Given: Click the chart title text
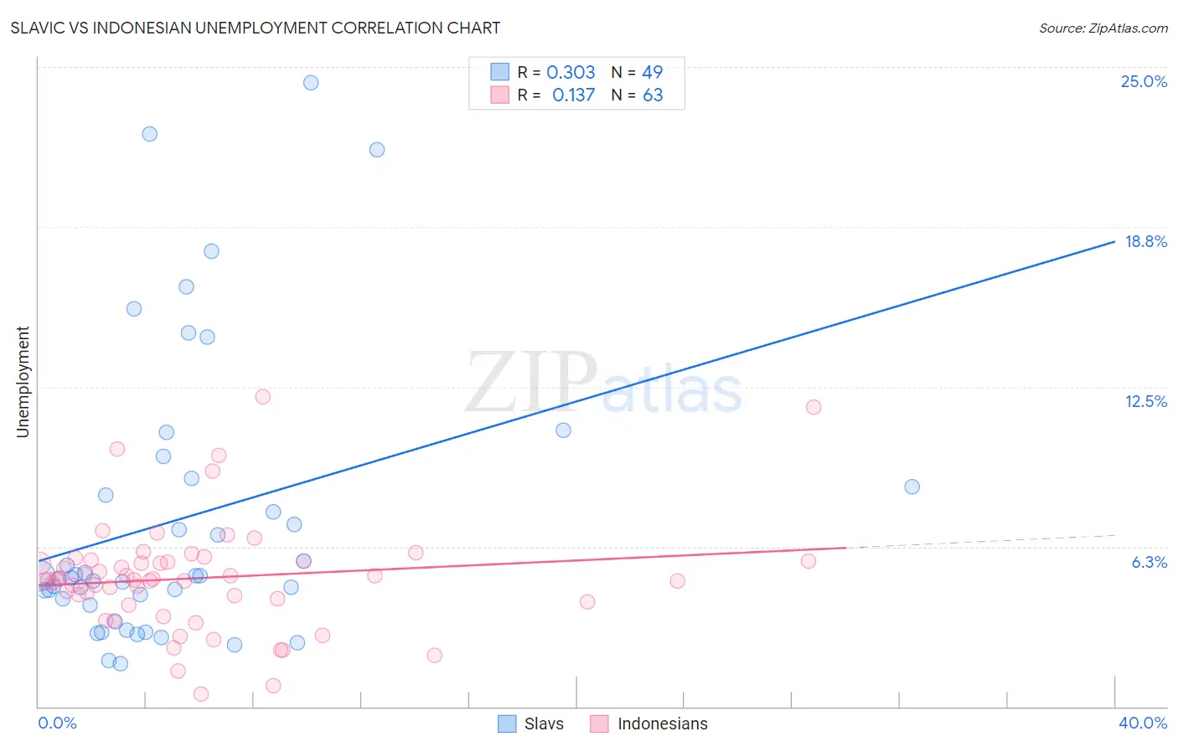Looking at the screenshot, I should [256, 28].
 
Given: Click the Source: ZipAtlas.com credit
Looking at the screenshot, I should [1103, 28].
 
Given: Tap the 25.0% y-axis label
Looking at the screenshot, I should [1143, 81].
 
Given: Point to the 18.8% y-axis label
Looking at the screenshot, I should [1144, 241].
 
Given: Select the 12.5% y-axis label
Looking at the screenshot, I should [1144, 401].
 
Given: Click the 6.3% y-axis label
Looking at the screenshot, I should [1149, 562].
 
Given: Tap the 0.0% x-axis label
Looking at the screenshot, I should [57, 723].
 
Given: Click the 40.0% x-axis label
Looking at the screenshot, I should [1142, 723].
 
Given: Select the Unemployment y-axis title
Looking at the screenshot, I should [23, 382].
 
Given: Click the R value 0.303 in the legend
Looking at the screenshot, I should [571, 72].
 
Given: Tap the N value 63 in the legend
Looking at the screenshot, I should [653, 95].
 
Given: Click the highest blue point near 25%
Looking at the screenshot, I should [311, 82].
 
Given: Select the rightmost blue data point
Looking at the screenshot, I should [912, 487].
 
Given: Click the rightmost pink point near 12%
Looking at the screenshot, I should [814, 407].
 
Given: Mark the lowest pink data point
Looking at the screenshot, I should [201, 693].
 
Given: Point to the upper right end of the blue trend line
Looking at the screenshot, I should [1113, 241].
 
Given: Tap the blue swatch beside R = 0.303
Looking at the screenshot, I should [500, 72].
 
